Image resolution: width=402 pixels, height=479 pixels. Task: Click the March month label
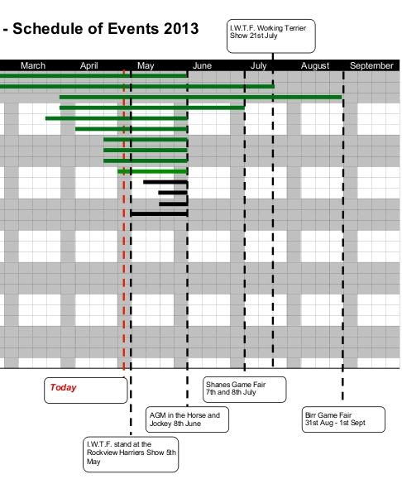pos(33,65)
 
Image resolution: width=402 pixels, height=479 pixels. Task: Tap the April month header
pos(89,65)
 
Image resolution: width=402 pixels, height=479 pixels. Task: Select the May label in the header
pos(146,65)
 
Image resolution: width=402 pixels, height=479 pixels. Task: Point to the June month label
pos(202,65)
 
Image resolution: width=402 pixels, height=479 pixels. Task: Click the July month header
pos(258,65)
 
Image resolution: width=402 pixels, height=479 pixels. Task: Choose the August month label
pos(315,65)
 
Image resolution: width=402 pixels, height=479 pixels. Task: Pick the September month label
pos(371,65)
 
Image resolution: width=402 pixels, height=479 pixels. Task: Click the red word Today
pos(63,387)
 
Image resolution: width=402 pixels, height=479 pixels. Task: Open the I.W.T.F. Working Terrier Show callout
pos(271,36)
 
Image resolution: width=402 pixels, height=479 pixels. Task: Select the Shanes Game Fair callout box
pos(245,390)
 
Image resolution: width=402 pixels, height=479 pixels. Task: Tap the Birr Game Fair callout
pos(343,419)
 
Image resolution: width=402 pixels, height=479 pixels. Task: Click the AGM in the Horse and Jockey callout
pos(187,419)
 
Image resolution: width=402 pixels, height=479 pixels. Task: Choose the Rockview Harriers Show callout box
pos(131,454)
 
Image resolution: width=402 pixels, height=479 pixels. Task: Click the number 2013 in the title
pos(181,29)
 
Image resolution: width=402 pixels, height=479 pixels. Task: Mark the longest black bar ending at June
pos(159,213)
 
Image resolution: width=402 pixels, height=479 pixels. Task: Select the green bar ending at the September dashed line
pos(201,97)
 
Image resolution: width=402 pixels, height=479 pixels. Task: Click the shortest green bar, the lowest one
pos(152,171)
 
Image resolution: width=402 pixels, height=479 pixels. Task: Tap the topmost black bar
pos(165,182)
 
